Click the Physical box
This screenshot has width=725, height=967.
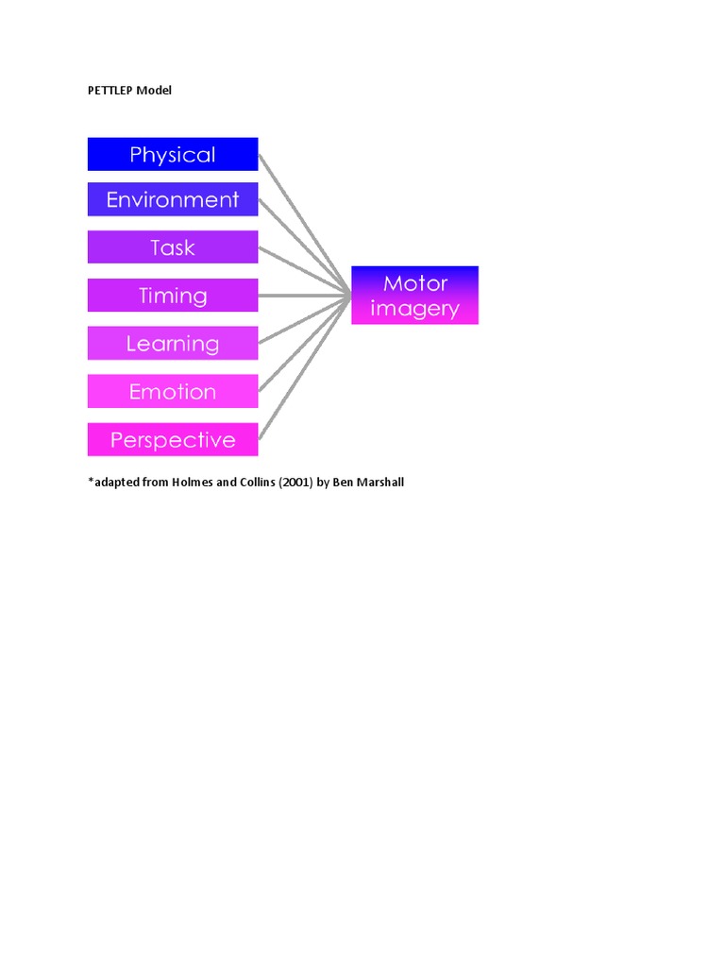point(173,154)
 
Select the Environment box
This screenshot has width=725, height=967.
point(173,199)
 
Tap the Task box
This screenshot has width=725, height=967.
point(173,247)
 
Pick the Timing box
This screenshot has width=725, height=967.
point(173,296)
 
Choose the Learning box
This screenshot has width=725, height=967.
point(173,344)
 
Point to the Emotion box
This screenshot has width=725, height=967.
point(173,392)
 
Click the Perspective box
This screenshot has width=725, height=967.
point(173,440)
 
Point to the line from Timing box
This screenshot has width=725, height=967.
point(302,296)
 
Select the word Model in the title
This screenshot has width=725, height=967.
point(154,91)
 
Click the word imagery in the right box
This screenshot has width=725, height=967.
point(414,309)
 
